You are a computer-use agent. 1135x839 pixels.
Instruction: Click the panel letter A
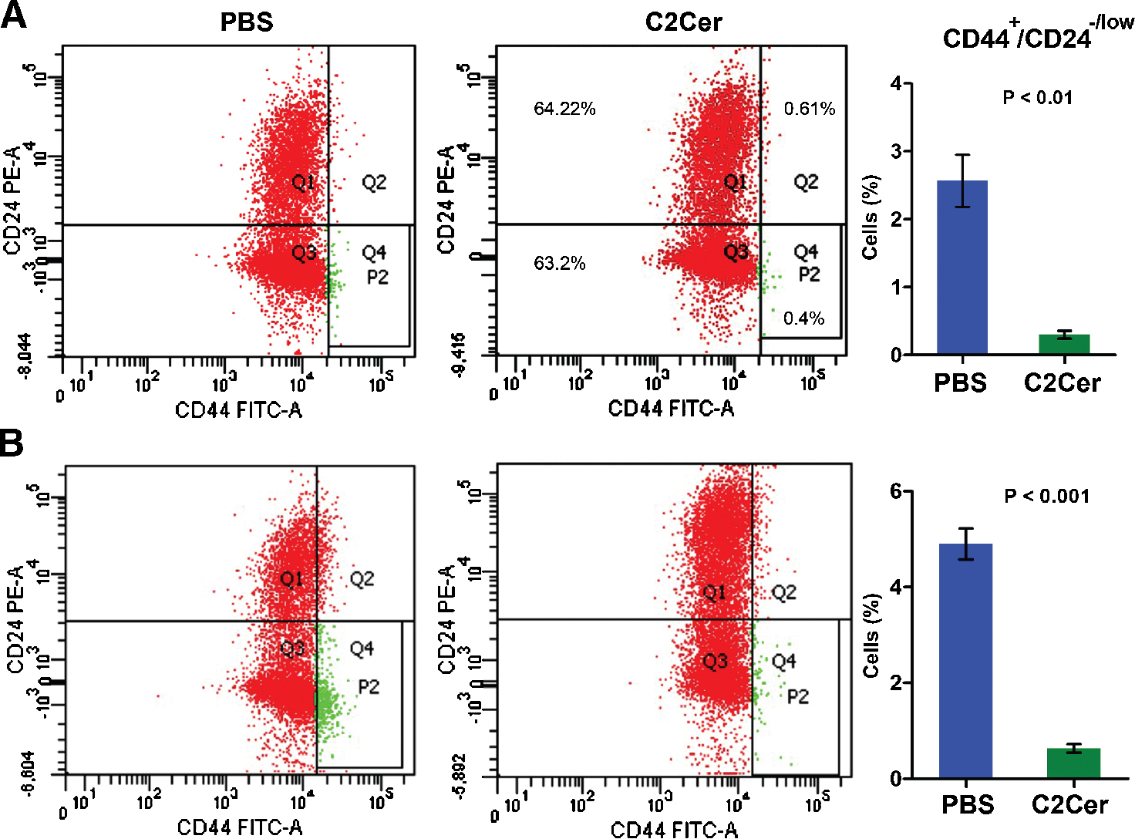(13, 15)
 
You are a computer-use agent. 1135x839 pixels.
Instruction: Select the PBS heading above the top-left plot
(247, 22)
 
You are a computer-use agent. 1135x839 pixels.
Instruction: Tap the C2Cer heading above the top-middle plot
(683, 22)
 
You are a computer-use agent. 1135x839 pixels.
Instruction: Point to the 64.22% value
(564, 109)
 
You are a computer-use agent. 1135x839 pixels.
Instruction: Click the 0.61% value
(810, 109)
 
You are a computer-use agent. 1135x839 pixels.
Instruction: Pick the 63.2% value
(560, 264)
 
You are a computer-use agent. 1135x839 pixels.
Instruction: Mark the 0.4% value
(803, 318)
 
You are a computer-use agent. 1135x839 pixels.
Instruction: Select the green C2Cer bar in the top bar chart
(1064, 345)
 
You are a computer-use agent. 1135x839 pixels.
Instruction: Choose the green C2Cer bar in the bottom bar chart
(1073, 763)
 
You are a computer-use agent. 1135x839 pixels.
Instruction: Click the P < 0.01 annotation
(1037, 98)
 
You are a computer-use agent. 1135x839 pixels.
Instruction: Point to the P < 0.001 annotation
(1046, 497)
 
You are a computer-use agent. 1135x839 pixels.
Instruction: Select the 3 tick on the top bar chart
(896, 151)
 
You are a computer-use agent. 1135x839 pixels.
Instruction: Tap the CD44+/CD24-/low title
(1037, 35)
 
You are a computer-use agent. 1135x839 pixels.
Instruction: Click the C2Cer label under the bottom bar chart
(1069, 805)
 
